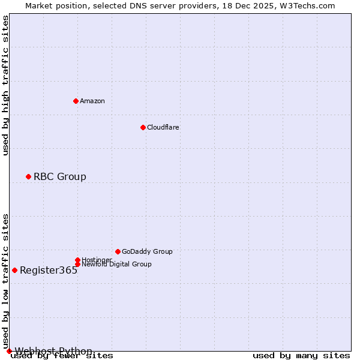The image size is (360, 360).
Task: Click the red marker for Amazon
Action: [x=76, y=101]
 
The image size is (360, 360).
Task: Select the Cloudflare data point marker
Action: [x=143, y=127]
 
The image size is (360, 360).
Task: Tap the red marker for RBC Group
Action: [x=28, y=176]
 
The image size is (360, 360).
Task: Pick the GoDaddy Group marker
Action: [x=118, y=251]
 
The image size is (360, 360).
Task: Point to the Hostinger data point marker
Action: [x=77, y=260]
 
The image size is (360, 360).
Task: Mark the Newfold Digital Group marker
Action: [x=77, y=264]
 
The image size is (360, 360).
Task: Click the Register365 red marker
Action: [x=14, y=270]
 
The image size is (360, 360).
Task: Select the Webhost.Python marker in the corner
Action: [x=9, y=351]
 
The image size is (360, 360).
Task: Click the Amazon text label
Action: [x=92, y=101]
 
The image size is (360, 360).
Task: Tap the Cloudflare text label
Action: [x=163, y=127]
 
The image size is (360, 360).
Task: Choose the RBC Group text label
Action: [x=60, y=176]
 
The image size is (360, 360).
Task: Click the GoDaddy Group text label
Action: [x=147, y=251]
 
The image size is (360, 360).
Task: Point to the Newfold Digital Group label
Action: [x=116, y=264]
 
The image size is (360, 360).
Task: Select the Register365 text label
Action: [x=49, y=270]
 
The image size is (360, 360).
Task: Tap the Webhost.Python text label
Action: [x=53, y=351]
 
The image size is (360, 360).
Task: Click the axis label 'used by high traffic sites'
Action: [x=5, y=85]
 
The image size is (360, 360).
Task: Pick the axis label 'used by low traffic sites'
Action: [x=5, y=281]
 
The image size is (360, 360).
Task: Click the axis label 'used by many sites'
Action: [x=301, y=356]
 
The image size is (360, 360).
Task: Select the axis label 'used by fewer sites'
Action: [x=62, y=356]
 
